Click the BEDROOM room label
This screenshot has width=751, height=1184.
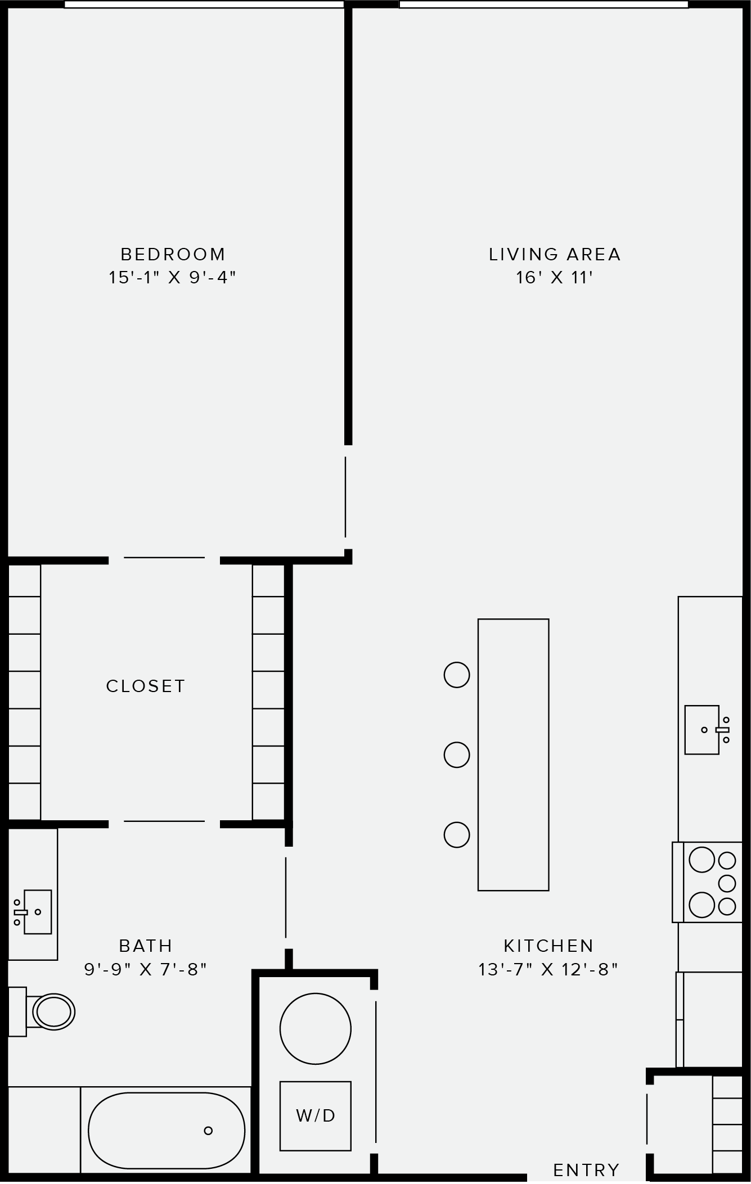173,254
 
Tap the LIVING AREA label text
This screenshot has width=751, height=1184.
555,254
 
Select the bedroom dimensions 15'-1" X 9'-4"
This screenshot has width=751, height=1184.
172,278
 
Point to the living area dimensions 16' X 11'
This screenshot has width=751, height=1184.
555,278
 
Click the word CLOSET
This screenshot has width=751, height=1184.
146,686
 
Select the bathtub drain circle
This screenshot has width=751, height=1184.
208,1131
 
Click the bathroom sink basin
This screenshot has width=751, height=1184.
37,911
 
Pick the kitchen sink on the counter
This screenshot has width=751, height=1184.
702,730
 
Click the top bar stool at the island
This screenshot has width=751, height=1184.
457,675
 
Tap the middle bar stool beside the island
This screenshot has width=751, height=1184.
457,754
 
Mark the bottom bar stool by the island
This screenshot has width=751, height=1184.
457,835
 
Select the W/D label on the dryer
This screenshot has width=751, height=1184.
316,1115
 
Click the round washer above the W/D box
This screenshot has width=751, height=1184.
316,1028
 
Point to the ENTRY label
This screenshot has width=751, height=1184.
586,1170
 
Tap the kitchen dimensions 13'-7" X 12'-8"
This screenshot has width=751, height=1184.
548,969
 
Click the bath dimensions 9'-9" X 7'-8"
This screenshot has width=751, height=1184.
146,969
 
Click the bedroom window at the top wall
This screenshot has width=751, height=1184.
204,4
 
